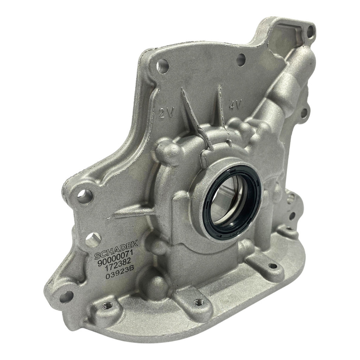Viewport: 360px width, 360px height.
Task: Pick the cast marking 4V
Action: click(x=235, y=105)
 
